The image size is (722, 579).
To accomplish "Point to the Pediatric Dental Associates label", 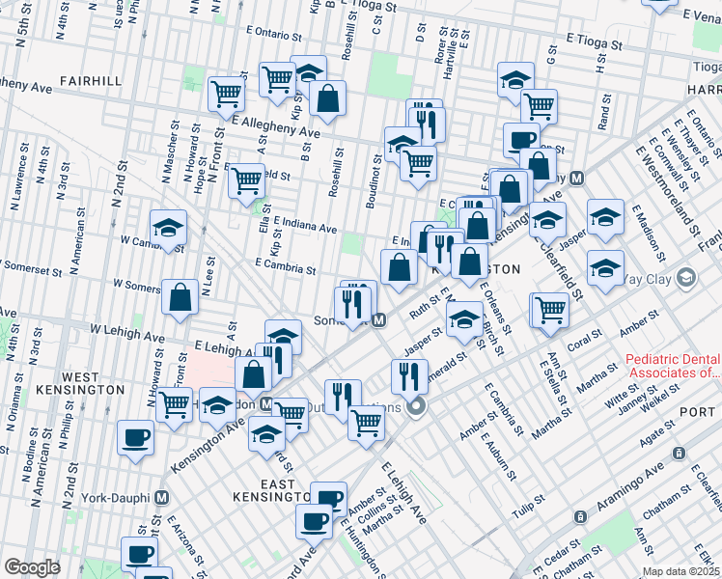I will pyautogui.click(x=673, y=365).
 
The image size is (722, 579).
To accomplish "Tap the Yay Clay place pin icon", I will pyautogui.click(x=686, y=279).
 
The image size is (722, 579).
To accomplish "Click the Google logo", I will pyautogui.click(x=32, y=567).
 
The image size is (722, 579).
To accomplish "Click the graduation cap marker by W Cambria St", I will pyautogui.click(x=168, y=229).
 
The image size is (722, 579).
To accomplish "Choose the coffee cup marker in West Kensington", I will pyautogui.click(x=135, y=437).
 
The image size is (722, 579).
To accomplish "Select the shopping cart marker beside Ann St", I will pyautogui.click(x=550, y=310).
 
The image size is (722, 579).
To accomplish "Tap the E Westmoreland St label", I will pyautogui.click(x=666, y=190).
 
